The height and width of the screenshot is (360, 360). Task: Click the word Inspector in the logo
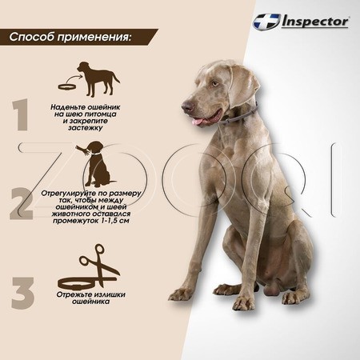pos(315,22)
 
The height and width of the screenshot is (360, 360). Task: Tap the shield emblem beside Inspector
pos(266,22)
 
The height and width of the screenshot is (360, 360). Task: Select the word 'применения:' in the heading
pos(94,37)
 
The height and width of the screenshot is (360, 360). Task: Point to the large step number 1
pos(20,114)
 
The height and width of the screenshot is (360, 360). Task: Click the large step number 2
pos(22,203)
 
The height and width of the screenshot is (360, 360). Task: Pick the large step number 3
pos(22,293)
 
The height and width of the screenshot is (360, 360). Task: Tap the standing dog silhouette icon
pos(98,78)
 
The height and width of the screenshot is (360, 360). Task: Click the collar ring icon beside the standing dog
pos(67,86)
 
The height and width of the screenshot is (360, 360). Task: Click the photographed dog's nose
pos(187,107)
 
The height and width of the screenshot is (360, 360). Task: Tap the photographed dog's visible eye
pos(215,84)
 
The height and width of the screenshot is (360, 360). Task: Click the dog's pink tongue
pos(198,122)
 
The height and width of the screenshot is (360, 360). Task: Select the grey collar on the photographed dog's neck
pos(241,116)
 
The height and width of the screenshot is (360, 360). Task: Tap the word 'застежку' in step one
pos(85,128)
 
